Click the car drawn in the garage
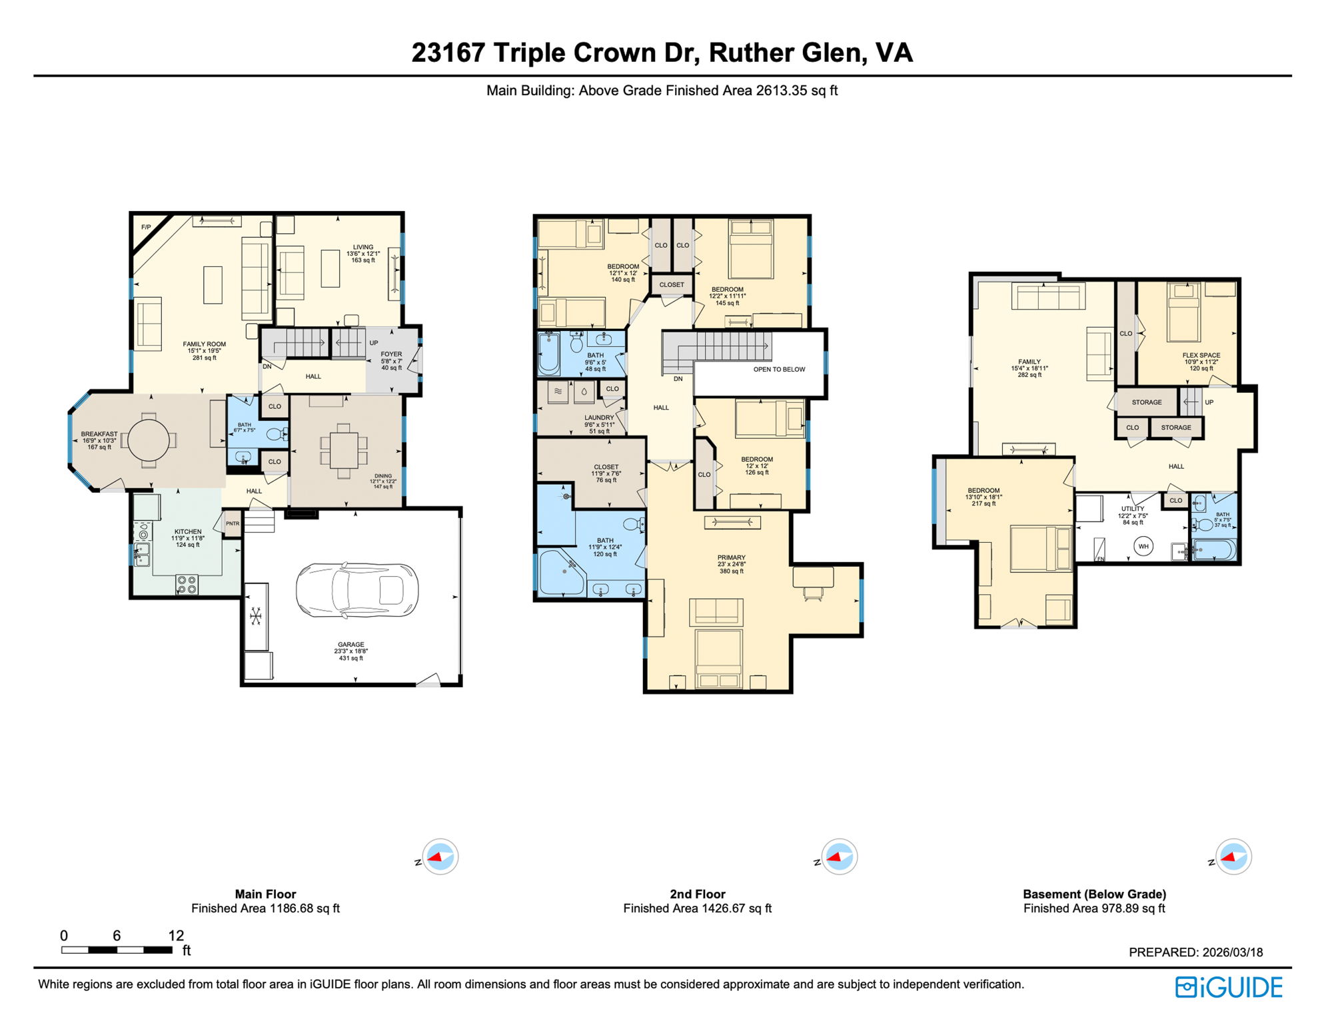tap(357, 590)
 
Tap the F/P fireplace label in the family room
tap(146, 228)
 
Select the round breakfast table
tap(148, 440)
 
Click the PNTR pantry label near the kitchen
tap(232, 523)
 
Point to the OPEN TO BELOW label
tap(779, 369)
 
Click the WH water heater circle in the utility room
tap(1143, 546)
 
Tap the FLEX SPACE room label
tap(1201, 355)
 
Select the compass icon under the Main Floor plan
tap(440, 856)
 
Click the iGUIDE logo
tap(1228, 987)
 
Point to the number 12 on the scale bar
tap(176, 936)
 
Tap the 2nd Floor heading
tap(697, 894)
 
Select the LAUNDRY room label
tap(599, 418)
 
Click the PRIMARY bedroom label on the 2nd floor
tap(731, 557)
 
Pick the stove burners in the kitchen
tap(187, 585)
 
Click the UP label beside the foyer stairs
tap(374, 343)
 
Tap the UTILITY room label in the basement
tap(1132, 508)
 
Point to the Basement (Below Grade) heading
tap(1094, 894)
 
